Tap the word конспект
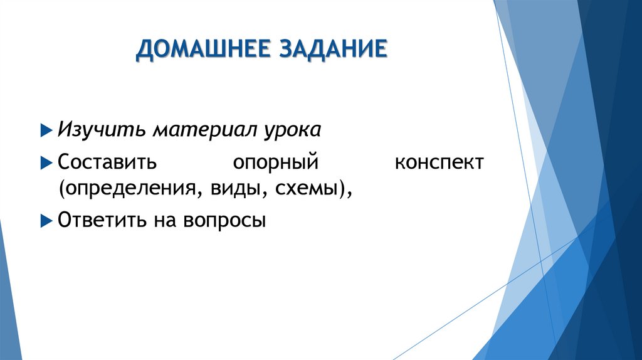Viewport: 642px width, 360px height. coord(439,163)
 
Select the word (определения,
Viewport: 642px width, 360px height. coord(127,189)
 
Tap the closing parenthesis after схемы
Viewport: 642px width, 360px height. coord(342,189)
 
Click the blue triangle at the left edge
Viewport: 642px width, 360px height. coord(9,301)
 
